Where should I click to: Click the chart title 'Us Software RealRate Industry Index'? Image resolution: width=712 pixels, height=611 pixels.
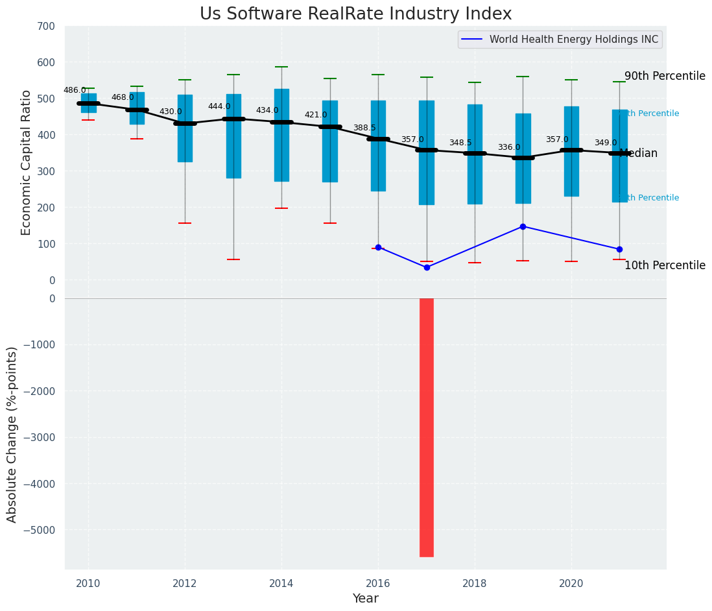355,14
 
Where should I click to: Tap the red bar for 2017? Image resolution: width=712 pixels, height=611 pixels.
427,427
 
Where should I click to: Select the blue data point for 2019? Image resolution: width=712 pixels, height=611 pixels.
523,226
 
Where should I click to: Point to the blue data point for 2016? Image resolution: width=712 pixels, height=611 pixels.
378,247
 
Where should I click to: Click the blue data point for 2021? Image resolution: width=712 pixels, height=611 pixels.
619,249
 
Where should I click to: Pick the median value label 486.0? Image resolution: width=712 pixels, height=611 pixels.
75,90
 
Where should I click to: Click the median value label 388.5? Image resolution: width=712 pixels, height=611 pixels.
364,128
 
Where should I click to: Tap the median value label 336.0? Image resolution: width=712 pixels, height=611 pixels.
509,147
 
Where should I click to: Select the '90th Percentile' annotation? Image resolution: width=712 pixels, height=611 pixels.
665,76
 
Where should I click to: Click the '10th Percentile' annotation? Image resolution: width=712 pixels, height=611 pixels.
665,265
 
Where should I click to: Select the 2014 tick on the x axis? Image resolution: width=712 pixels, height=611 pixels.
281,584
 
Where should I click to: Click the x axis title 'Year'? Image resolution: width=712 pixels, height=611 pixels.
366,599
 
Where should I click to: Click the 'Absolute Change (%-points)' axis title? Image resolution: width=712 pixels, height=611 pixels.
12,434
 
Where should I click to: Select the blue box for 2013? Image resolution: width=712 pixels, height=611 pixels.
233,136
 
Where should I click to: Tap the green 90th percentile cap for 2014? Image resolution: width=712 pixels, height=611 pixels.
281,67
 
